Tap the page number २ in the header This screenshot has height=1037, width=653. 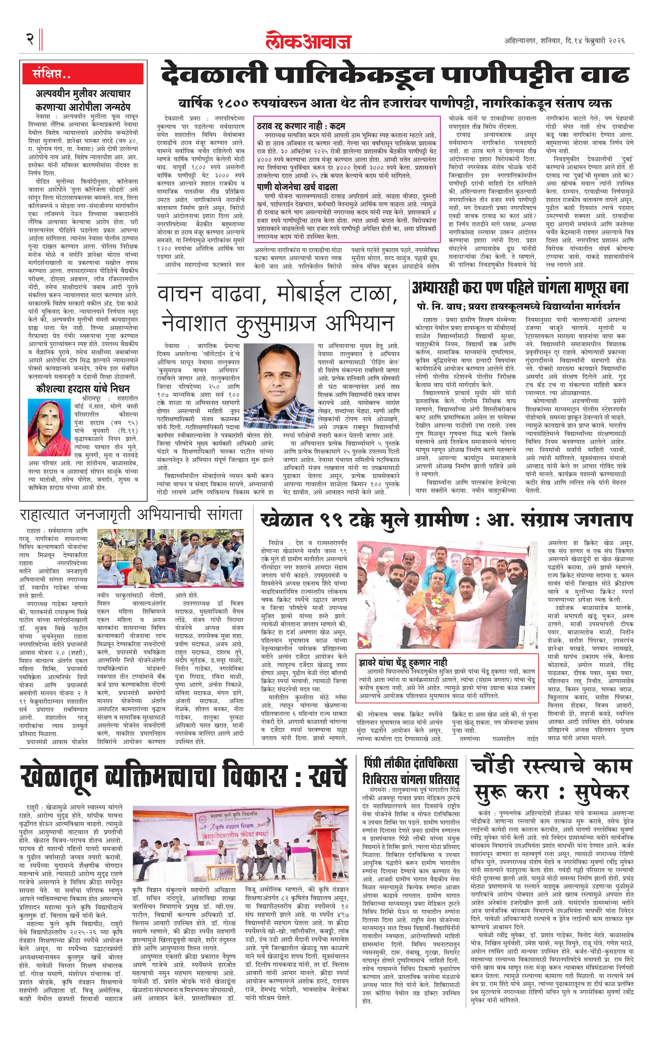(30, 39)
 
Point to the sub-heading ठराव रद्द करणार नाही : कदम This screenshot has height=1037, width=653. (301, 126)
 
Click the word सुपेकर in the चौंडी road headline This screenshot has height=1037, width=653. (601, 792)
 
